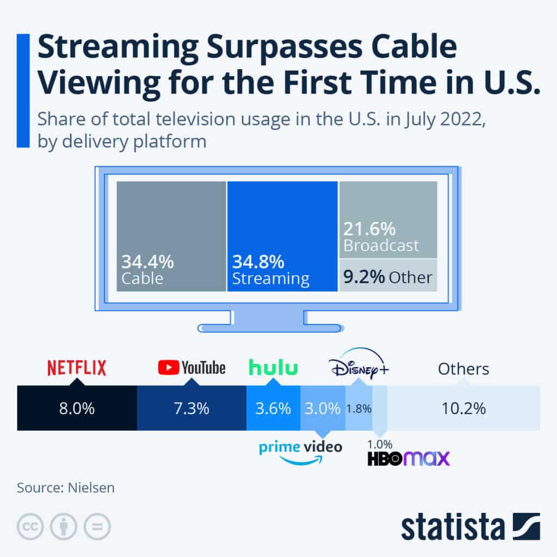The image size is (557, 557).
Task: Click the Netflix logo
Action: click(x=77, y=368)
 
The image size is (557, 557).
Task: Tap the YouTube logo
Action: click(x=191, y=368)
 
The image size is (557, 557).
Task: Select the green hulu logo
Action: click(x=274, y=368)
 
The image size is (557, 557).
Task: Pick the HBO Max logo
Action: click(x=409, y=459)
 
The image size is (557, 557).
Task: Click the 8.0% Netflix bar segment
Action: click(x=77, y=409)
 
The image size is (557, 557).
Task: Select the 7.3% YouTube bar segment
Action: click(x=191, y=409)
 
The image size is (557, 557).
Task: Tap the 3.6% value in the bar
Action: click(x=273, y=409)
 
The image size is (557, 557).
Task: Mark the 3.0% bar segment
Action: click(x=323, y=409)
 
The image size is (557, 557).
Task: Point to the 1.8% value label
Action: click(x=358, y=409)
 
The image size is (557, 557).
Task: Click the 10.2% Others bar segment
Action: click(x=463, y=409)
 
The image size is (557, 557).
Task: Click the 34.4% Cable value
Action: click(x=147, y=262)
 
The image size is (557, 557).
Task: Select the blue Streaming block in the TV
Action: click(x=282, y=236)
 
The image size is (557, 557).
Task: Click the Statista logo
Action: click(x=471, y=526)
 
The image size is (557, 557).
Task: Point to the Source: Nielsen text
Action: click(x=66, y=487)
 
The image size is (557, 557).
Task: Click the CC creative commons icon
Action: click(x=30, y=526)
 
